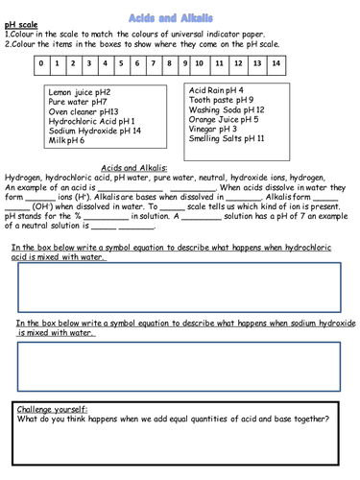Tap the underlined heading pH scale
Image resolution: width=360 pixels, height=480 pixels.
(x=22, y=23)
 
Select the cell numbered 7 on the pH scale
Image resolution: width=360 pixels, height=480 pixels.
(x=154, y=64)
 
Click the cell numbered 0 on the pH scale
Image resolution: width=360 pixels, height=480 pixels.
(x=41, y=64)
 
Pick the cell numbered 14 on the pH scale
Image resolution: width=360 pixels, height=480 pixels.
(x=276, y=64)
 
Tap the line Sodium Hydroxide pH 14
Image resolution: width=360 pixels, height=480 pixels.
(x=94, y=131)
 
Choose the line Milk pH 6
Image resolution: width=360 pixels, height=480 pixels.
(x=66, y=141)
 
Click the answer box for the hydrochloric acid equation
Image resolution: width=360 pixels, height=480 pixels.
(x=180, y=285)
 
